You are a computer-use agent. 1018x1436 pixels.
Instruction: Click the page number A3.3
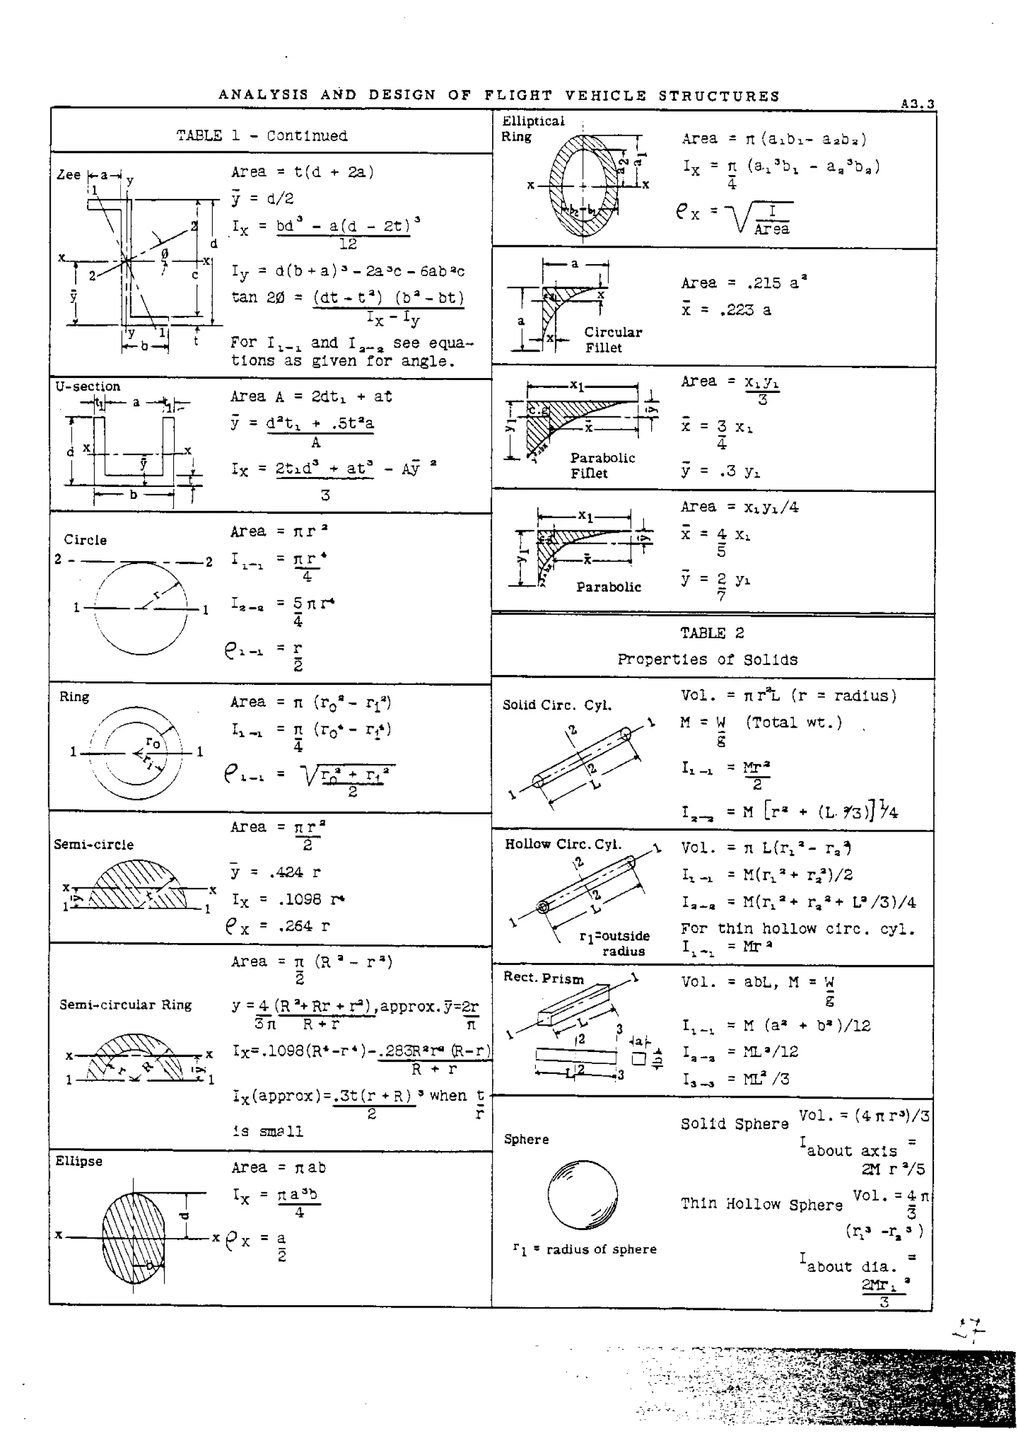(x=917, y=104)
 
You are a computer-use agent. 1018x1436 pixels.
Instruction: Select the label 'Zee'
(x=68, y=175)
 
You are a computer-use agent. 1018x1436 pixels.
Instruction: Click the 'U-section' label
(x=88, y=386)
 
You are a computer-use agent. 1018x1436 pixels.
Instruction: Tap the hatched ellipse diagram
(x=134, y=1239)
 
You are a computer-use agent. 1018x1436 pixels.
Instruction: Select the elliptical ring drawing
(x=583, y=185)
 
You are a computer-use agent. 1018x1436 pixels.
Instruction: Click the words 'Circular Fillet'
(x=612, y=339)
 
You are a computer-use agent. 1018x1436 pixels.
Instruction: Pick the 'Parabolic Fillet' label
(x=602, y=465)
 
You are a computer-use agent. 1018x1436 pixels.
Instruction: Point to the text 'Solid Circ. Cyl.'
(x=557, y=705)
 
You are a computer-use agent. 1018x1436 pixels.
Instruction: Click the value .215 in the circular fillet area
(x=763, y=283)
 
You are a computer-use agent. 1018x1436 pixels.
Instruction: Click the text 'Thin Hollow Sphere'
(x=762, y=1204)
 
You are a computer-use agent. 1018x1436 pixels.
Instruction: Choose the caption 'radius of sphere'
(x=600, y=1249)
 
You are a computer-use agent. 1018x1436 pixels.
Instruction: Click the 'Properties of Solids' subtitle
(x=707, y=660)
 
